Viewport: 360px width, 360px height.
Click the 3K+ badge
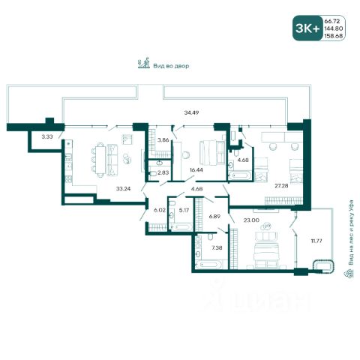pyautogui.click(x=307, y=28)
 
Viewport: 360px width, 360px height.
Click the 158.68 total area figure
pyautogui.click(x=334, y=36)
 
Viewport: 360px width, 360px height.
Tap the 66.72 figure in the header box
pyautogui.click(x=332, y=21)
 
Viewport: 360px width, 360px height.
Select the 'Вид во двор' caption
pyautogui.click(x=171, y=66)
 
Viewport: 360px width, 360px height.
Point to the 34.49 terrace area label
pyautogui.click(x=191, y=112)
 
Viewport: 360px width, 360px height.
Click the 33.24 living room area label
pyautogui.click(x=123, y=189)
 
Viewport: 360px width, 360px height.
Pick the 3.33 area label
pyautogui.click(x=47, y=136)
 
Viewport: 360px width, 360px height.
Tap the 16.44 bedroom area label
pyautogui.click(x=196, y=170)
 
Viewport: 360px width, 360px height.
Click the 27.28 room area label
pyautogui.click(x=281, y=185)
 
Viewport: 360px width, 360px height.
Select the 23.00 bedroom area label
pyautogui.click(x=251, y=220)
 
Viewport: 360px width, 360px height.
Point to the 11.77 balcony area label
pyautogui.click(x=316, y=241)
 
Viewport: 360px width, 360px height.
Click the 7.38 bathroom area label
pyautogui.click(x=217, y=248)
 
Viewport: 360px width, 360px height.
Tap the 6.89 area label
pyautogui.click(x=214, y=216)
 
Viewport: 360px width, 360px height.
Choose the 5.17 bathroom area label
pyautogui.click(x=184, y=210)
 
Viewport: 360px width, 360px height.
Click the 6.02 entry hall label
pyautogui.click(x=160, y=210)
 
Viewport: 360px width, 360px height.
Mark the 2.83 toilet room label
pyautogui.click(x=163, y=172)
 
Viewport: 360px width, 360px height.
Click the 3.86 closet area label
pyautogui.click(x=163, y=140)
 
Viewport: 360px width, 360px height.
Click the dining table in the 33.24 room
pyautogui.click(x=100, y=160)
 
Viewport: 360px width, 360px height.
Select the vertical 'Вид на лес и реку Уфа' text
pyautogui.click(x=352, y=232)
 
